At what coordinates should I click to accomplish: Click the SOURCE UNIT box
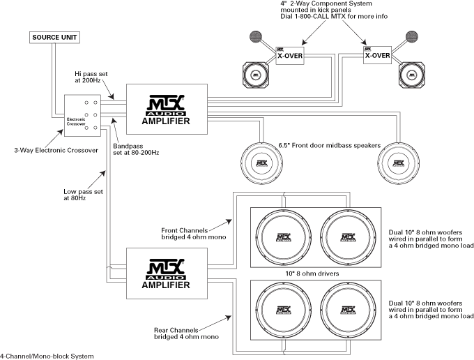click(x=55, y=36)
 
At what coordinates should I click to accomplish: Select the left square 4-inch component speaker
click(x=257, y=73)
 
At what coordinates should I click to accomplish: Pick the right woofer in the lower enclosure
click(x=346, y=312)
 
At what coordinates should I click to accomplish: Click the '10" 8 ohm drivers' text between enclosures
click(x=314, y=274)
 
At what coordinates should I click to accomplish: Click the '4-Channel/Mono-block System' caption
click(x=47, y=356)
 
